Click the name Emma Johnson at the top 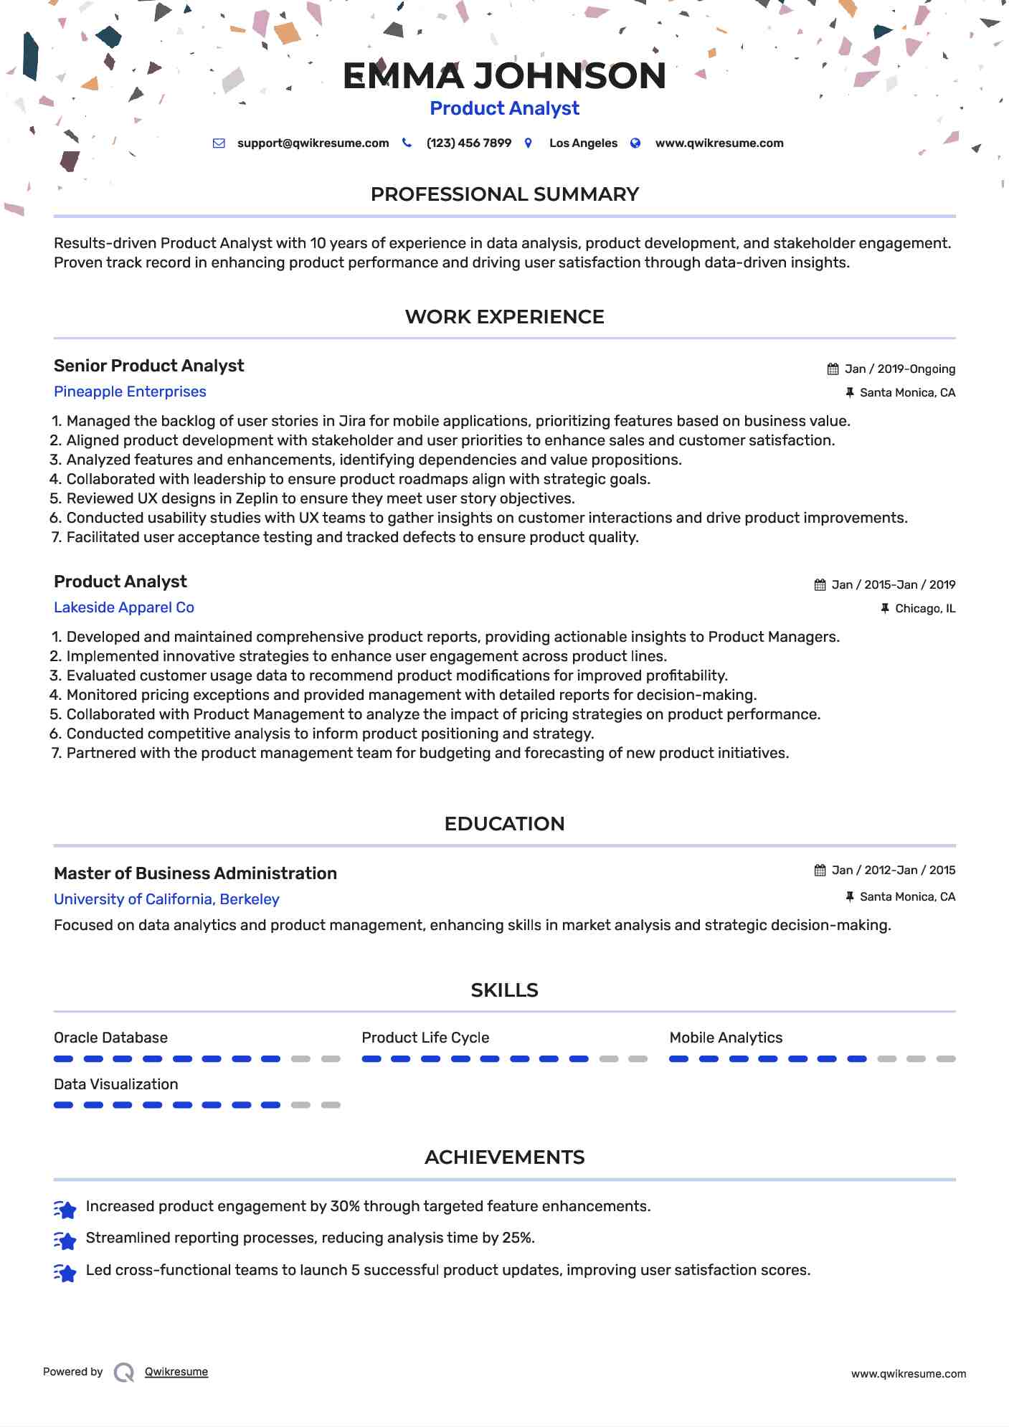coord(504,76)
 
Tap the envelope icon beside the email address coord(219,143)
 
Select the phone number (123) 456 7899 coord(468,143)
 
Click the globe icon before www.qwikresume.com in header coord(635,143)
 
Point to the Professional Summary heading coord(504,194)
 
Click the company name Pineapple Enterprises coord(130,392)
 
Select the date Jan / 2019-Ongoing coord(899,369)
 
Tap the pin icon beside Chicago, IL coord(885,609)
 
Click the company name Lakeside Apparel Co coord(124,607)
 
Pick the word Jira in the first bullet coord(352,421)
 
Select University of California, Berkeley coord(166,899)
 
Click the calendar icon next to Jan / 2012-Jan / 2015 coord(820,871)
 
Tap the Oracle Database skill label coord(110,1038)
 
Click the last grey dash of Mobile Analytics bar coord(946,1059)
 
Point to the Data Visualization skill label coord(115,1084)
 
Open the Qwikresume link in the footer coord(176,1372)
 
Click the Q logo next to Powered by coord(124,1373)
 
